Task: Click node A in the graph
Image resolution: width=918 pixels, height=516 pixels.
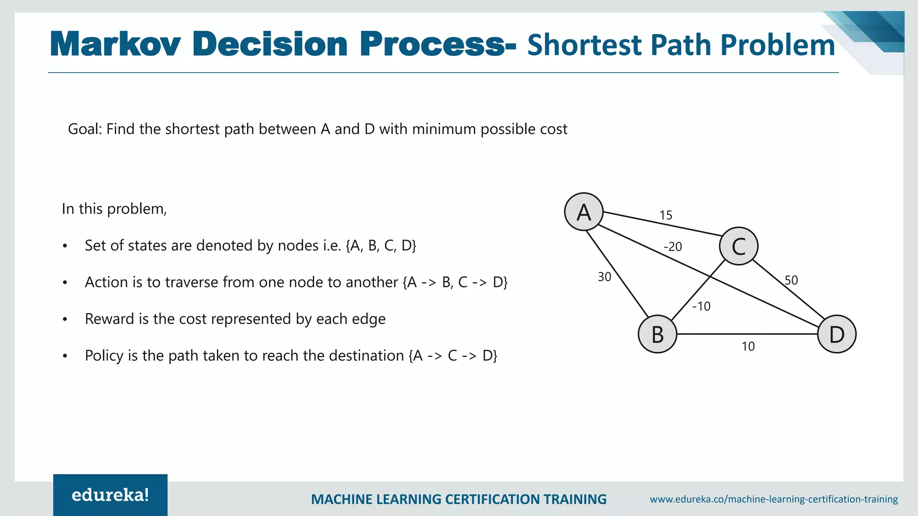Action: tap(584, 212)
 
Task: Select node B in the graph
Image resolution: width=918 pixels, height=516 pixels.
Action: tap(657, 334)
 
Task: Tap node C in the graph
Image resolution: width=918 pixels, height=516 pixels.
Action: tap(738, 246)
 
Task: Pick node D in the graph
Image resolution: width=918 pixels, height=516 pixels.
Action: tap(836, 334)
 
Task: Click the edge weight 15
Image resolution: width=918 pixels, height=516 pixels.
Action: tap(666, 215)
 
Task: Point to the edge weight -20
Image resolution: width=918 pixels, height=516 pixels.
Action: tap(673, 247)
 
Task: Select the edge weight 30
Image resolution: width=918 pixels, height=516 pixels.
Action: tap(604, 277)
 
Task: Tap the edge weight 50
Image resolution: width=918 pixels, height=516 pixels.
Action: tap(791, 280)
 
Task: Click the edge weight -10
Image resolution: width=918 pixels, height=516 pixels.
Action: tap(701, 306)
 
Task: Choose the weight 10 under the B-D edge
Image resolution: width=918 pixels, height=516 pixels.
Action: tap(748, 347)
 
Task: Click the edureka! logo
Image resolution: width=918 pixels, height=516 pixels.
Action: tap(110, 495)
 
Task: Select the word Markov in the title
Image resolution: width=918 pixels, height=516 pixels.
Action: tap(116, 45)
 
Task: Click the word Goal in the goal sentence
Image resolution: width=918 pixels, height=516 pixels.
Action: tap(85, 129)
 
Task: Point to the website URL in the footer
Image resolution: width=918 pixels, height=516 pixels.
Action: tap(774, 499)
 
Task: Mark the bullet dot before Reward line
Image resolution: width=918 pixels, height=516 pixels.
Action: tap(65, 319)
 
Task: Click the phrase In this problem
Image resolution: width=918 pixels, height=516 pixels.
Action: tap(114, 209)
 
